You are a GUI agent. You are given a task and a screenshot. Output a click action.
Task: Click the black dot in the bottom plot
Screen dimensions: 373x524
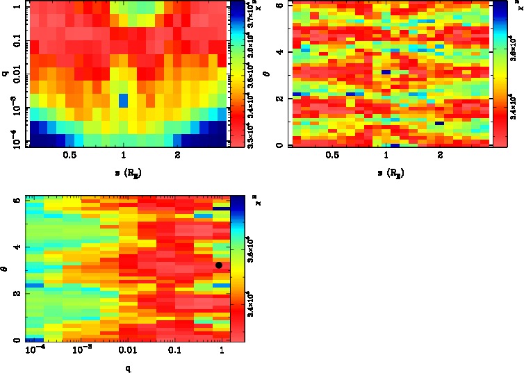(x=219, y=265)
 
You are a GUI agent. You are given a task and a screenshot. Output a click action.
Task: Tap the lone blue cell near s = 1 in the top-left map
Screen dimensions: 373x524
(x=123, y=100)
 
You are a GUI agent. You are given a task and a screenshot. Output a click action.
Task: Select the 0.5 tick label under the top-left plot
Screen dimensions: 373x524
(x=69, y=156)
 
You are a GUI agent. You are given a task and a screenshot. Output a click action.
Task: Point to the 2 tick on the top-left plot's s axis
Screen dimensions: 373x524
(x=178, y=156)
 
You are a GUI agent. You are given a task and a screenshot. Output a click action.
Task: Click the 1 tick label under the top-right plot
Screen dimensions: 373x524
(x=386, y=156)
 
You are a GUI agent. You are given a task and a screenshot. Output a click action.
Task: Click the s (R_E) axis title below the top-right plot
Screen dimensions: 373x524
(x=386, y=172)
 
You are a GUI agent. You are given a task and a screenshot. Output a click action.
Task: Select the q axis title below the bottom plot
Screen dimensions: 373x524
(x=127, y=369)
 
